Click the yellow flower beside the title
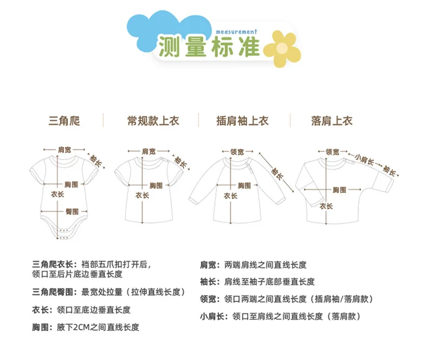pos(281,48)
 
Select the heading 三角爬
pos(64,121)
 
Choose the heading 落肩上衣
pos(332,121)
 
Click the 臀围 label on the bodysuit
pos(72,211)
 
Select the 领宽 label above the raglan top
pos(237,152)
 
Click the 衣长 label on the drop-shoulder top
pos(326,206)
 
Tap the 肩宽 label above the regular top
pos(148,151)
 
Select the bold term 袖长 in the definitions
pos(207,282)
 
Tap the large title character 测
pos(170,48)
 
